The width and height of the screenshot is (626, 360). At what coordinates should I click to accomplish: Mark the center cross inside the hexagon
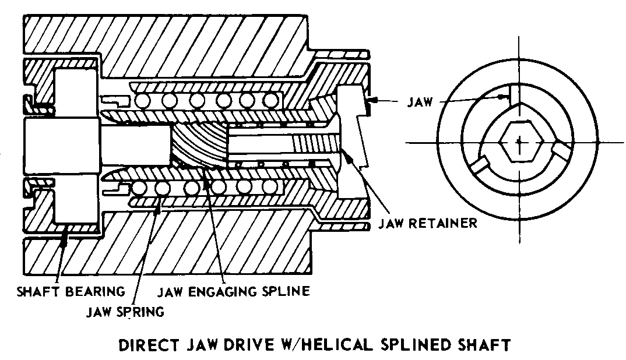click(x=518, y=142)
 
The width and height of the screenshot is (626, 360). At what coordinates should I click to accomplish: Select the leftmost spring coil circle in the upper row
click(x=143, y=101)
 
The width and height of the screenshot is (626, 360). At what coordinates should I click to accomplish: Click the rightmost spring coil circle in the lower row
click(x=269, y=187)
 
